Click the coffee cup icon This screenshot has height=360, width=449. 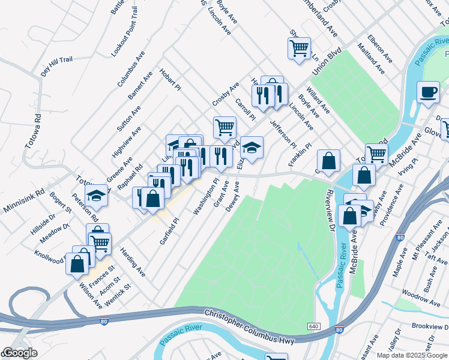[429, 92]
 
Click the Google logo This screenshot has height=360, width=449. [20, 353]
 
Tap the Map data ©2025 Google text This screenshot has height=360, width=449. [412, 355]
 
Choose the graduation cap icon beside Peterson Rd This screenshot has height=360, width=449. [96, 194]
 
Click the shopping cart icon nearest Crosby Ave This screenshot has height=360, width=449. [224, 127]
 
